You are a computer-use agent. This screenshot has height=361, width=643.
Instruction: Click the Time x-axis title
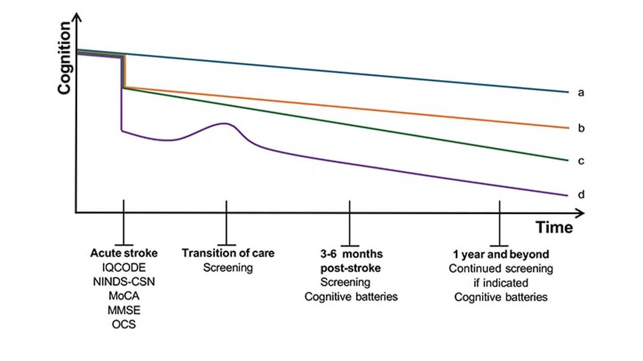coord(554,228)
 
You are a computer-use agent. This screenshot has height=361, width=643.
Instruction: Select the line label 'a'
coord(581,93)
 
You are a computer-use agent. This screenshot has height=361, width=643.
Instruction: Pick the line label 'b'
coord(581,129)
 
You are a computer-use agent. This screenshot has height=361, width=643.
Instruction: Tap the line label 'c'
coord(581,161)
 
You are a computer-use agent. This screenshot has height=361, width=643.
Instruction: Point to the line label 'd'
coord(581,195)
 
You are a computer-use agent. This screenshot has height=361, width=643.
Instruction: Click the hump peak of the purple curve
coord(224,124)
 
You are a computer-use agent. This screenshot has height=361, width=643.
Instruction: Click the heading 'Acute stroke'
coord(124,253)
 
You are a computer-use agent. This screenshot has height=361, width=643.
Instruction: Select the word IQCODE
coord(124,267)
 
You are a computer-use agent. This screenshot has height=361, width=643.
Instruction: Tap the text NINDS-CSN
coord(124,281)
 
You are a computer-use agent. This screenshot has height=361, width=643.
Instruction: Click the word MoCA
coord(124,296)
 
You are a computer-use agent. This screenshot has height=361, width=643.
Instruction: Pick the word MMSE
coord(124,310)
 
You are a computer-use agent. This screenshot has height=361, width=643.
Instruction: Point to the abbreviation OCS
coord(124,324)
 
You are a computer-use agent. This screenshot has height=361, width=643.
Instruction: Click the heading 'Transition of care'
coord(228,253)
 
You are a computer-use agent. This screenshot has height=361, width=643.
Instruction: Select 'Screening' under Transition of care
coord(228,267)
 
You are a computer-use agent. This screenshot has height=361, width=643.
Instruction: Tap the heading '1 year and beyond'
coord(501,253)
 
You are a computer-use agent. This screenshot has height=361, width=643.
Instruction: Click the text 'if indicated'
coord(501,283)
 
